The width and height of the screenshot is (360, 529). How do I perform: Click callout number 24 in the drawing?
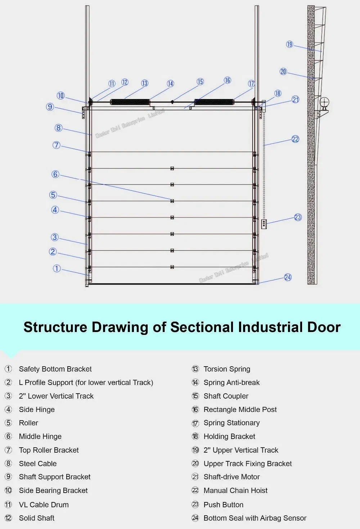pos(288,277)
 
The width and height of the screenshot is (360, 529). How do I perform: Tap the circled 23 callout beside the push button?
pos(298,217)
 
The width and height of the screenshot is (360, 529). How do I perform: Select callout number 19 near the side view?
pos(290,44)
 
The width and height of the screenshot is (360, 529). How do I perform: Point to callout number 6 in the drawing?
pos(55,174)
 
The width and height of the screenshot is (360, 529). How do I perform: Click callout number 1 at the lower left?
pos(57,269)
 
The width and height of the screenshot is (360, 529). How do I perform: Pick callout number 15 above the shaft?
pos(200,82)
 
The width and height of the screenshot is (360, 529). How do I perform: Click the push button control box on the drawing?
pos(264,224)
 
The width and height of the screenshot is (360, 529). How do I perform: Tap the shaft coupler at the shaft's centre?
pos(172,102)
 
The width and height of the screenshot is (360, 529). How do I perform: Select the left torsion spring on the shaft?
pos(130,102)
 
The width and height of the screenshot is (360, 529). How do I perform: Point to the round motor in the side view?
pos(324,102)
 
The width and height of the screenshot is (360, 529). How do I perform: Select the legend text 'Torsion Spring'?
pos(227,369)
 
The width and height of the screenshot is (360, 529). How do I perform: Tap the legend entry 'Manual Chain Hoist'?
pos(235,490)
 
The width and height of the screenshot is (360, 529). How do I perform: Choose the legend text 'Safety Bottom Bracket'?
pos(55,369)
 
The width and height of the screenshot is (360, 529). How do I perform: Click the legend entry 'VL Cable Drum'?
pos(44,505)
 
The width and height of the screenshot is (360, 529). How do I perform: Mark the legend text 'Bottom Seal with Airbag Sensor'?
pos(255,518)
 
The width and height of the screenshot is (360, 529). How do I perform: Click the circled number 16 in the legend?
pos(195,409)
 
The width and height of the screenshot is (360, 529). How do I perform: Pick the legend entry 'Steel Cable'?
pos(38,463)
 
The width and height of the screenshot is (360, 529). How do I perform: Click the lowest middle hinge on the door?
pos(172,267)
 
